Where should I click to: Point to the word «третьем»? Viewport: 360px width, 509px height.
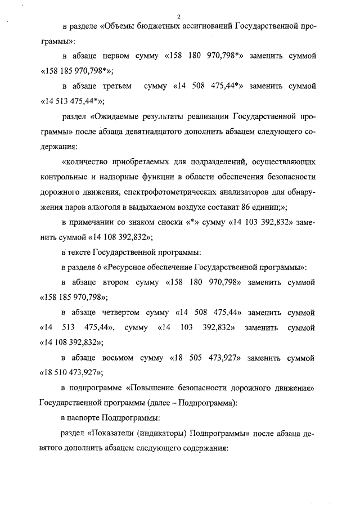(x=116, y=87)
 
